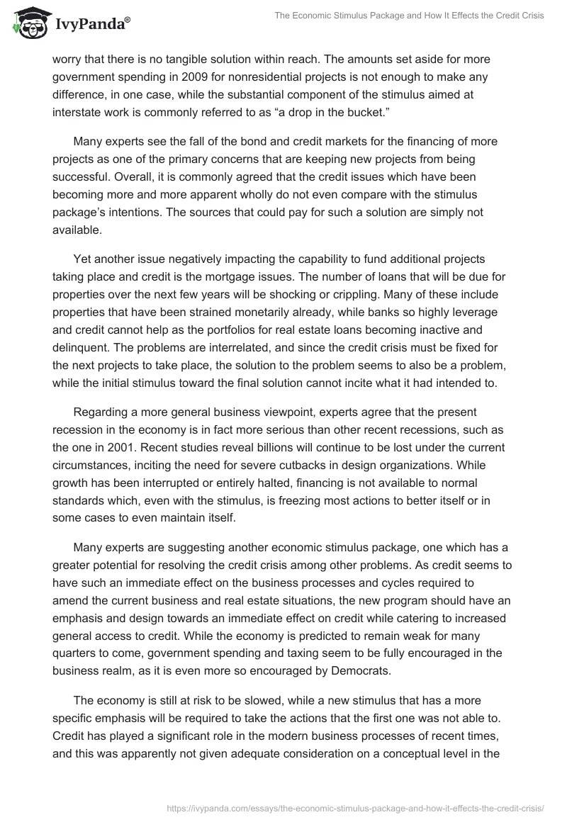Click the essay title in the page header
pyautogui.click(x=410, y=16)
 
